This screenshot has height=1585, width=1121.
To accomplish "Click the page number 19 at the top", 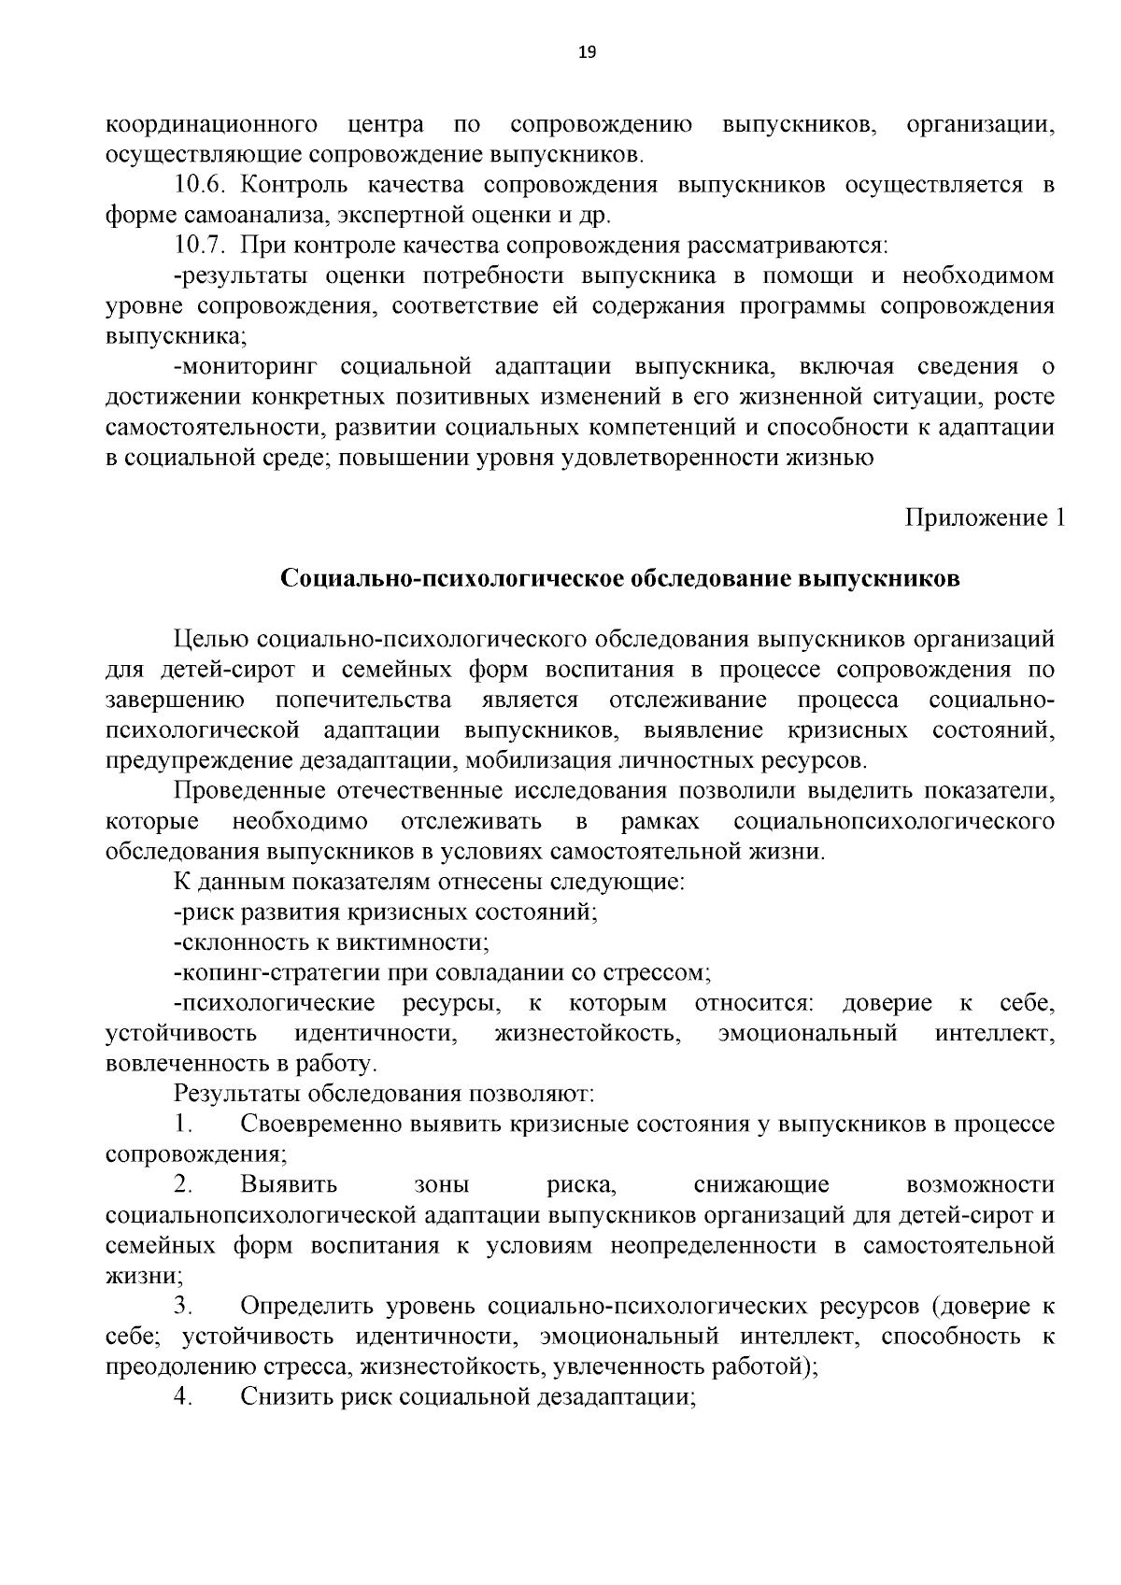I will [x=587, y=52].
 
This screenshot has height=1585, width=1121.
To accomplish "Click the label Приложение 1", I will [x=984, y=518].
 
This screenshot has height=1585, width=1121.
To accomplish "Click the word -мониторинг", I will [x=246, y=367].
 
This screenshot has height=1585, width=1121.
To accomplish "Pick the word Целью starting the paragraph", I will [x=210, y=640].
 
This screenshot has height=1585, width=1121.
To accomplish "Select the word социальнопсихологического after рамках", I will [x=894, y=822].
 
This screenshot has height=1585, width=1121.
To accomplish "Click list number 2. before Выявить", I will [x=183, y=1185].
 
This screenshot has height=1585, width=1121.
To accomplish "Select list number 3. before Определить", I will [x=183, y=1307].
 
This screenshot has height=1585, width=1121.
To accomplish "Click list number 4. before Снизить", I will [x=183, y=1397].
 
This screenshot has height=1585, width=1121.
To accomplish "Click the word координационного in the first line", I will [x=211, y=124].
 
